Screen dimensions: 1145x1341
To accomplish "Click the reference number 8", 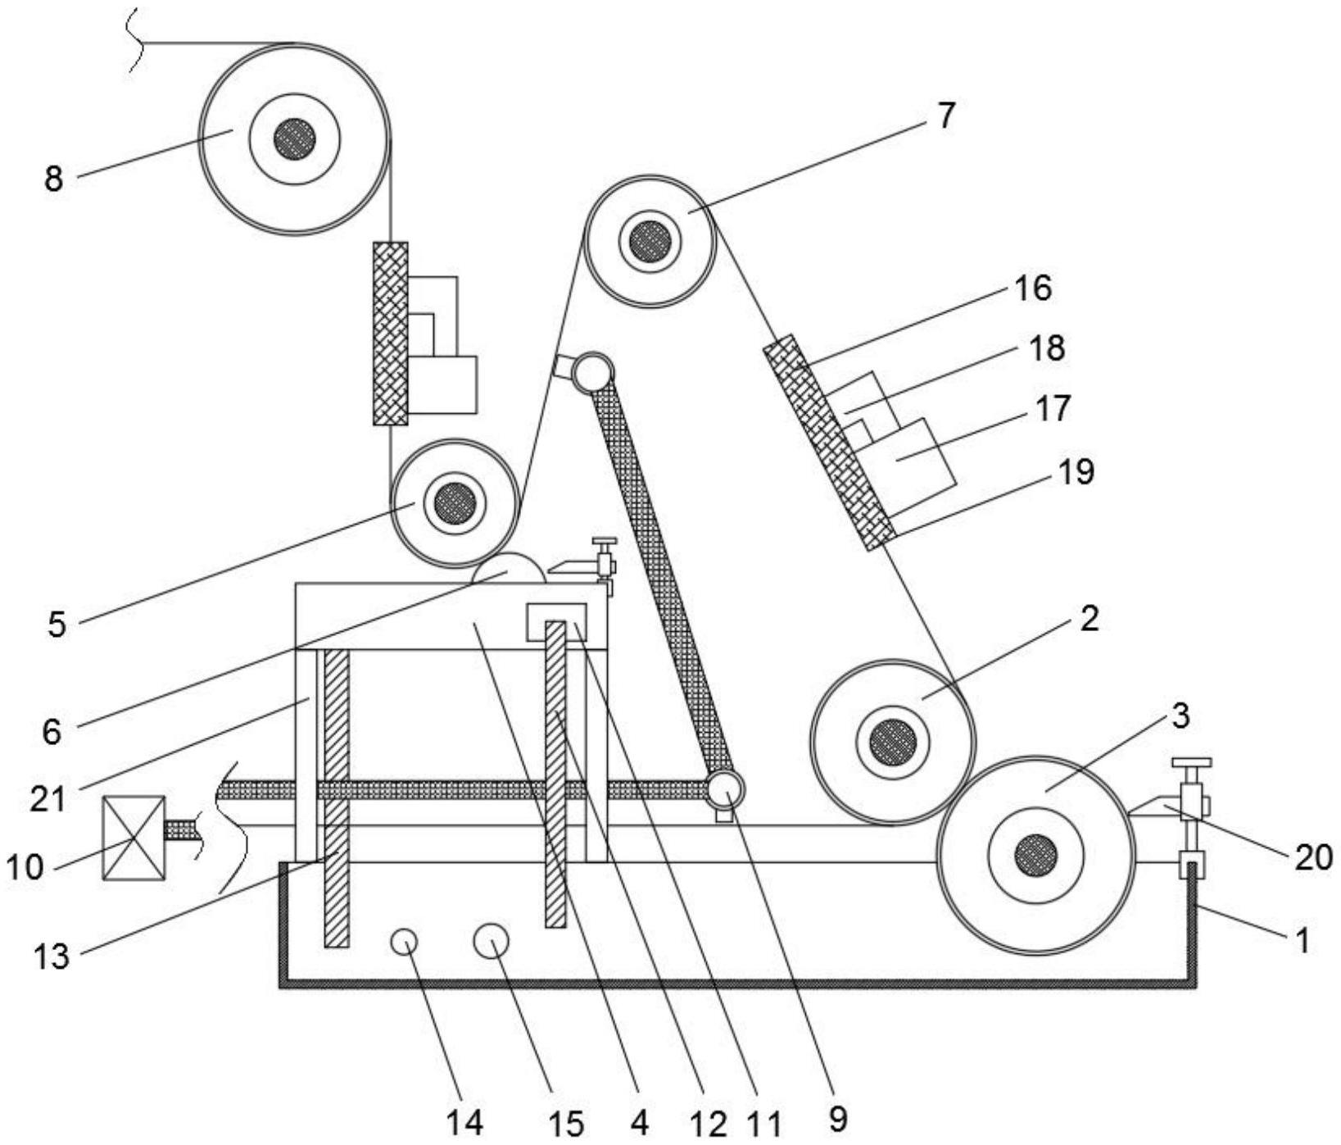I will pos(54,178).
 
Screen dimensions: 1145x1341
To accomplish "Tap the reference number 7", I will pos(946,116).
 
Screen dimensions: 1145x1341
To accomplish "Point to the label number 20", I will pos(1313,857).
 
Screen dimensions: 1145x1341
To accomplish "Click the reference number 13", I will pos(52,956).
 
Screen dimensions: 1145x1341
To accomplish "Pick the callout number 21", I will pos(48,798).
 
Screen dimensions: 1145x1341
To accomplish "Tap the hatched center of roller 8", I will pos(295,138).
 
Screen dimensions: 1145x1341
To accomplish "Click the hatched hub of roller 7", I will pos(650,241).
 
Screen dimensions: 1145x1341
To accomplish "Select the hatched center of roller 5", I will pos(455,502).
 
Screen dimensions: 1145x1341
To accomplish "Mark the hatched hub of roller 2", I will pos(893,743).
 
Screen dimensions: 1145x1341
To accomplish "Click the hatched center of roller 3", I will pos(1035,855).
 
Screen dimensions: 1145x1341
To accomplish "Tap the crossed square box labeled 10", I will pos(134,838).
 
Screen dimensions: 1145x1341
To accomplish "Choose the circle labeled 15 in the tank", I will pos(492,940).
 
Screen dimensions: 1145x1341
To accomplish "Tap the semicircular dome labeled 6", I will pos(509,570).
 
